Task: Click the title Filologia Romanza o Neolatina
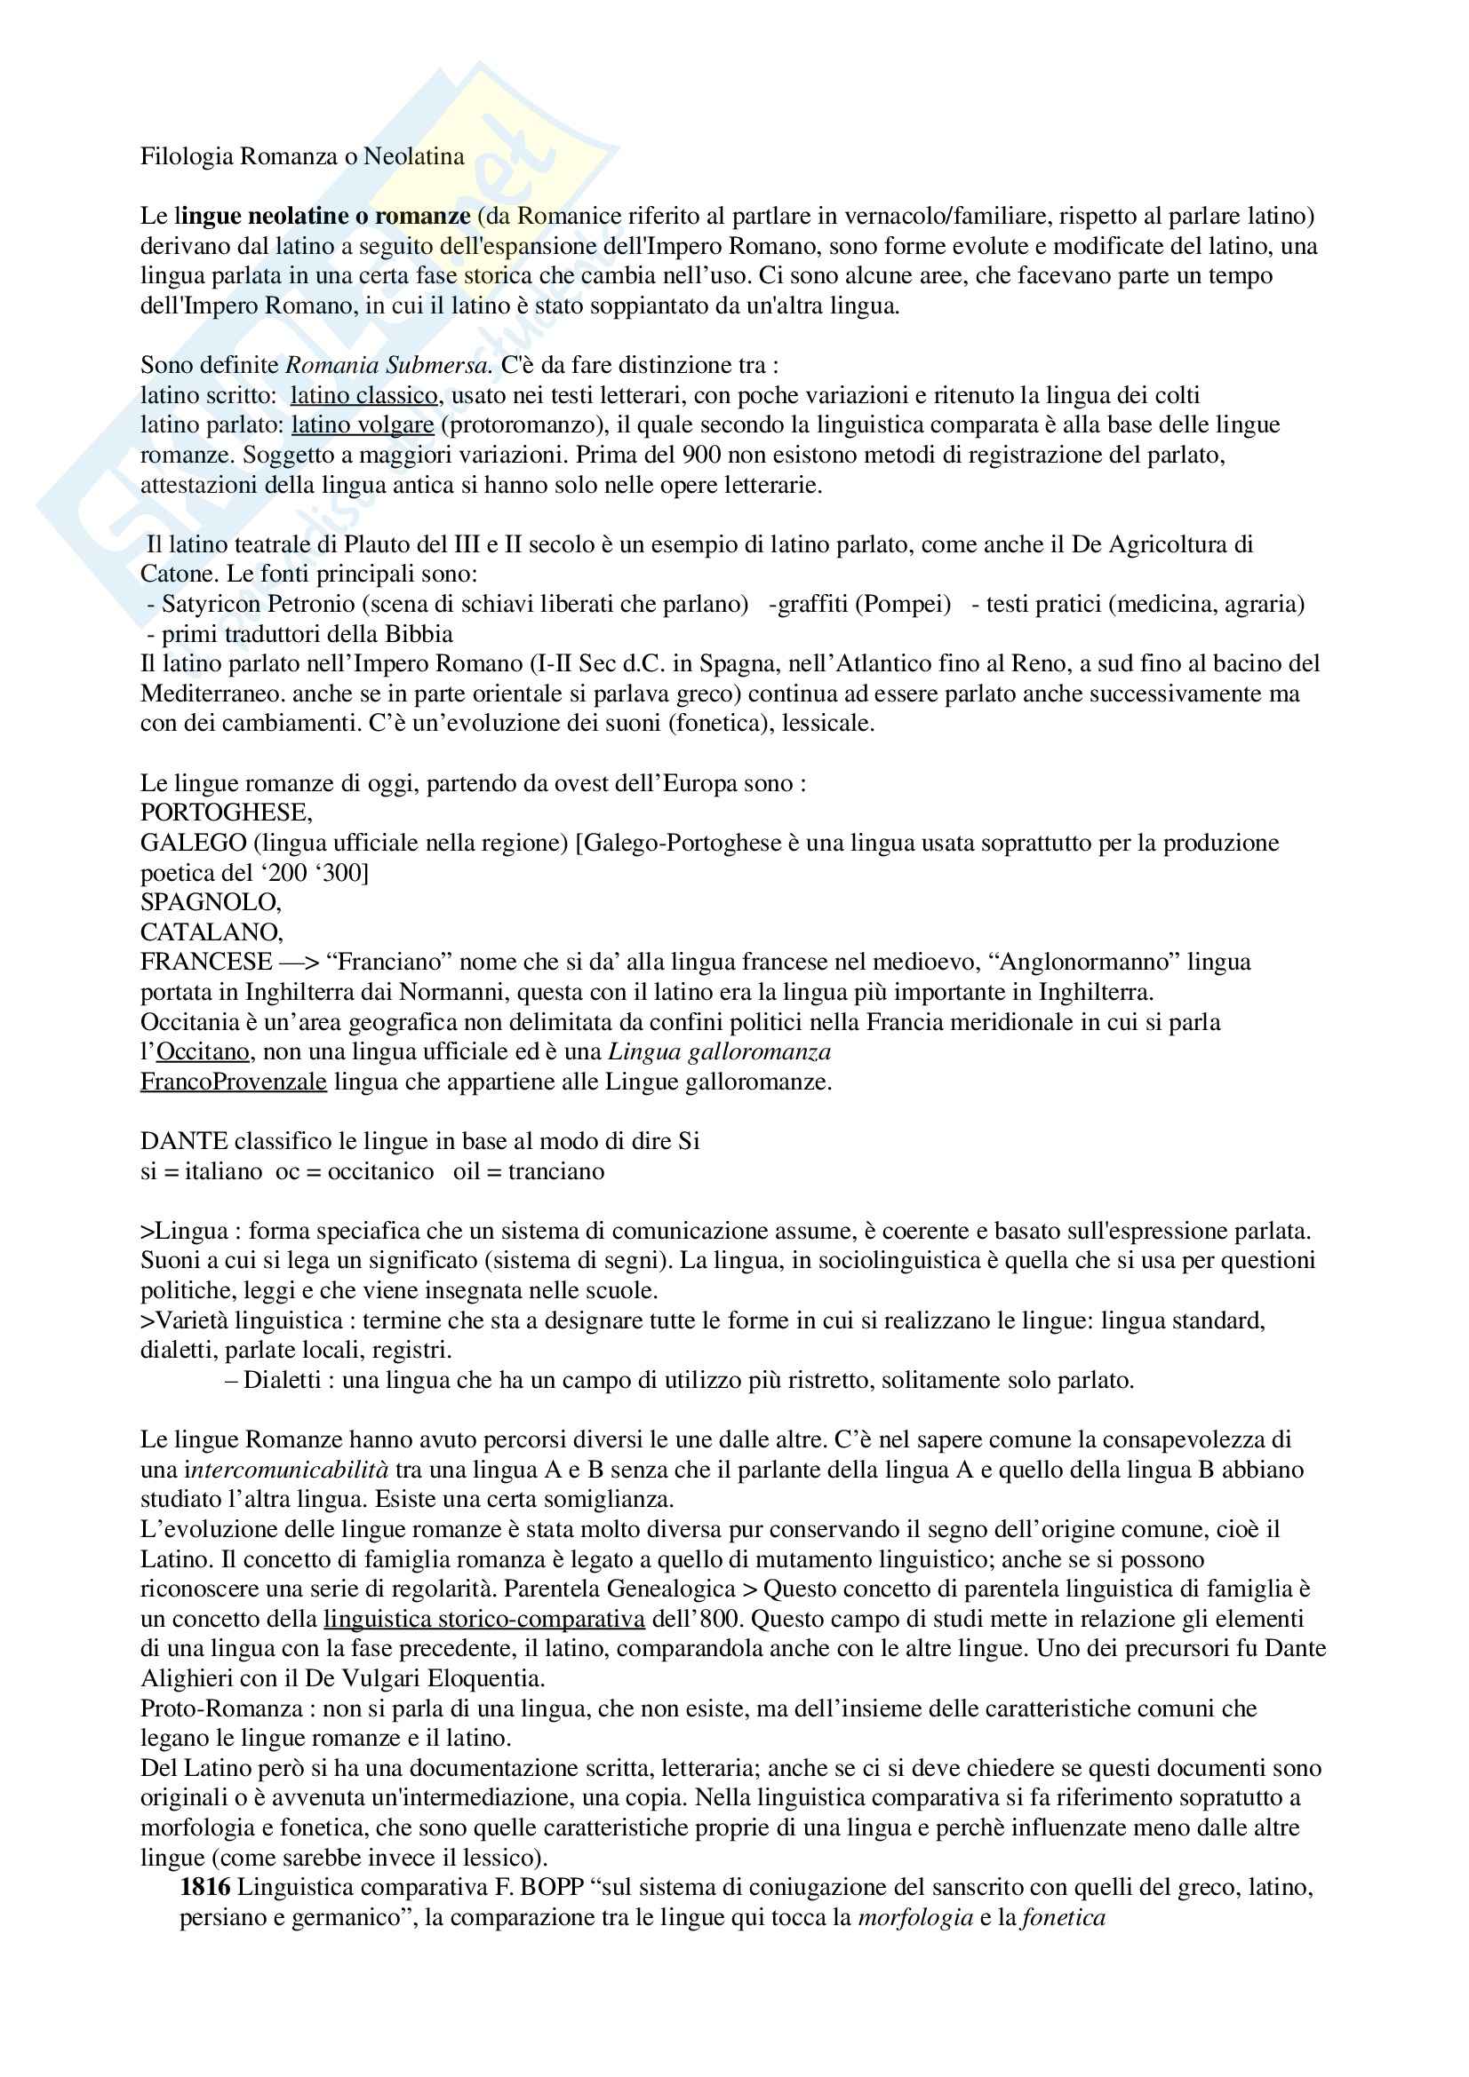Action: click(x=302, y=156)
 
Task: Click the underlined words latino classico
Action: click(x=364, y=395)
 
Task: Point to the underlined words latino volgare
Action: click(x=362, y=425)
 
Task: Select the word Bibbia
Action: click(x=419, y=634)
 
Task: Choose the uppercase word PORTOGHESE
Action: click(x=227, y=813)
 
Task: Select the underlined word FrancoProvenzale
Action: click(x=234, y=1082)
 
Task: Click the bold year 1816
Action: click(x=205, y=1888)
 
